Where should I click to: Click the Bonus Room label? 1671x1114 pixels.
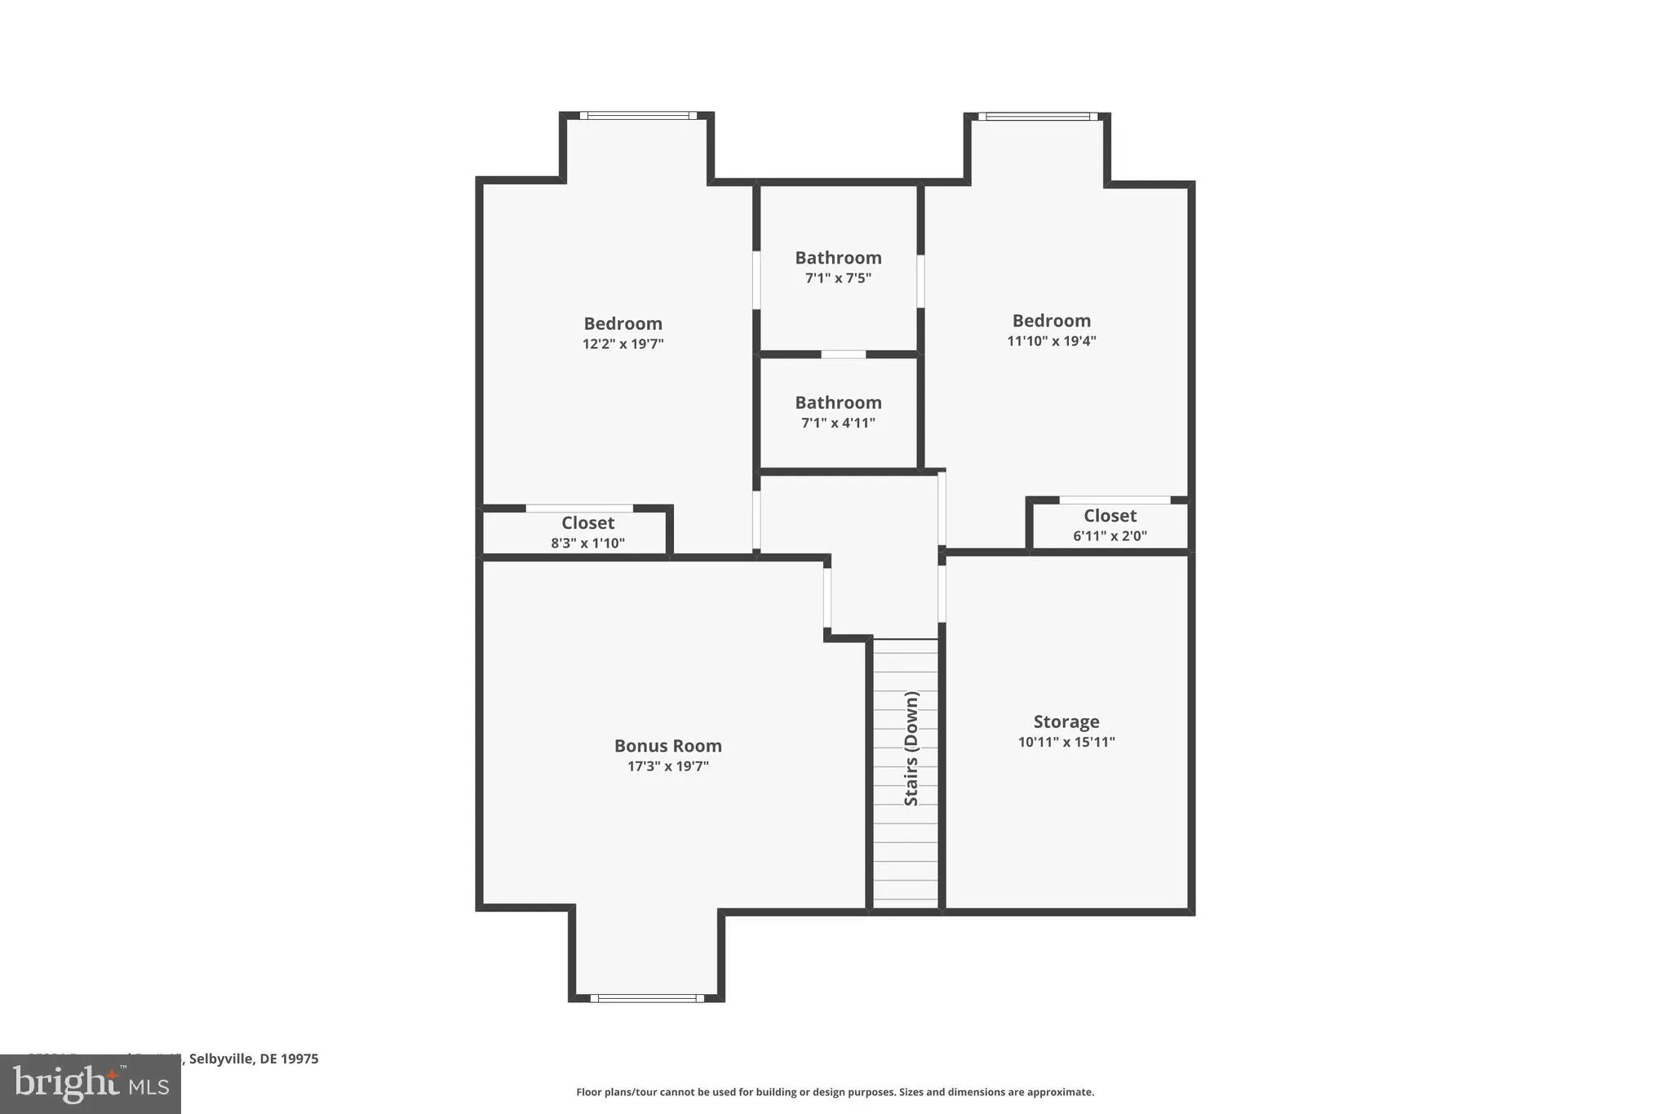point(667,745)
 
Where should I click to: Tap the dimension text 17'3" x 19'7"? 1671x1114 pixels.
point(667,766)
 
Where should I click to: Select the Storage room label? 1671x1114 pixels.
point(1066,721)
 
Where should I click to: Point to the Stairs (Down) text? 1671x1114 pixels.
point(911,748)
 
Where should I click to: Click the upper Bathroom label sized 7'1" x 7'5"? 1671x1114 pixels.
point(838,258)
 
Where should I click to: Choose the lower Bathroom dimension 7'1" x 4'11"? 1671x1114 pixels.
point(838,423)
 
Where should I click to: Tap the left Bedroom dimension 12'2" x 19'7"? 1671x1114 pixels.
point(623,344)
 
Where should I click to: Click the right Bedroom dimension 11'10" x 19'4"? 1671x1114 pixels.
point(1051,341)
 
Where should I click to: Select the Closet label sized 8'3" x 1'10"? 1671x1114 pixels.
point(587,522)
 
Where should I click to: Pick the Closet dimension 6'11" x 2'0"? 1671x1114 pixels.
point(1110,536)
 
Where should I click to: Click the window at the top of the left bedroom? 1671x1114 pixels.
point(638,116)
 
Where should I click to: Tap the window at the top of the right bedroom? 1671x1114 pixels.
point(1038,117)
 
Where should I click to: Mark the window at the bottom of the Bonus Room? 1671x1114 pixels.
point(647,997)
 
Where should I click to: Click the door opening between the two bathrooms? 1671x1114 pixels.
point(843,354)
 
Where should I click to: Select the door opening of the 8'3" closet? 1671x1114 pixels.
point(579,508)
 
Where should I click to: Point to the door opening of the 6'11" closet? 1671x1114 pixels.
point(1115,500)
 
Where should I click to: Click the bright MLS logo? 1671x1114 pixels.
point(90,1084)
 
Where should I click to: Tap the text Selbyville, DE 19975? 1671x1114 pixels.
point(254,1059)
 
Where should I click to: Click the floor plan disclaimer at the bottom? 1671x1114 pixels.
point(835,1092)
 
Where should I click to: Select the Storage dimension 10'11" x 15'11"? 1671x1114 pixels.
point(1066,743)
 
